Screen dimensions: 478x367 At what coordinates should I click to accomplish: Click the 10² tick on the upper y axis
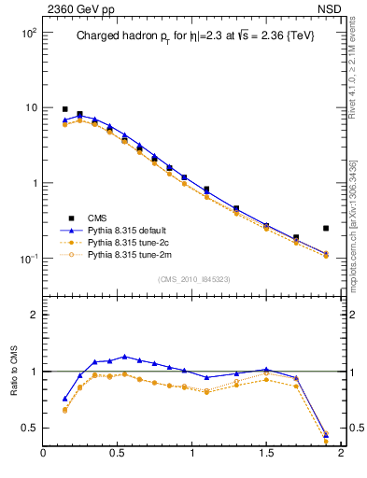coord(28,33)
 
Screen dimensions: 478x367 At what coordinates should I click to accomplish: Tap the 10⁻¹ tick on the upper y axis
coord(28,259)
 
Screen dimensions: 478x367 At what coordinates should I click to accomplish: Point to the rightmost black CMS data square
coord(326,228)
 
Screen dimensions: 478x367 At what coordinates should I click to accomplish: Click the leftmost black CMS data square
coord(64,109)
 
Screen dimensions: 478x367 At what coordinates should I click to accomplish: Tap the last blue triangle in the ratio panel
coord(326,434)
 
